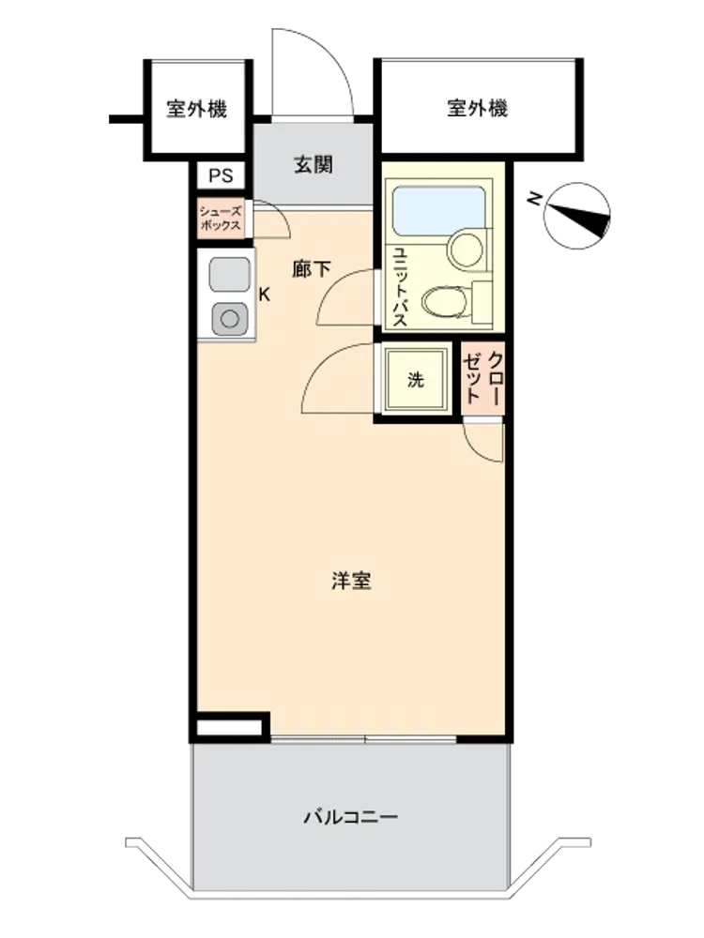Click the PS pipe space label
click(221, 176)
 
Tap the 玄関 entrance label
click(314, 164)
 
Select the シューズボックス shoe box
click(221, 219)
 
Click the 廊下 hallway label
click(312, 269)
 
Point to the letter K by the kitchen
click(264, 295)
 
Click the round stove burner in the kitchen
click(230, 319)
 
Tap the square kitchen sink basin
click(229, 275)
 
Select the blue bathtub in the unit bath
click(438, 210)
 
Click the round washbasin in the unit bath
click(466, 250)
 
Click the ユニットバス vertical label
click(399, 287)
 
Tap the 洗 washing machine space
click(416, 379)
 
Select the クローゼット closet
click(482, 378)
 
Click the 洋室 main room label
click(351, 581)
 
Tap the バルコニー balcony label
click(351, 817)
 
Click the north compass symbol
click(576, 216)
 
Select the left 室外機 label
click(196, 110)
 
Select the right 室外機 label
click(477, 108)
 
